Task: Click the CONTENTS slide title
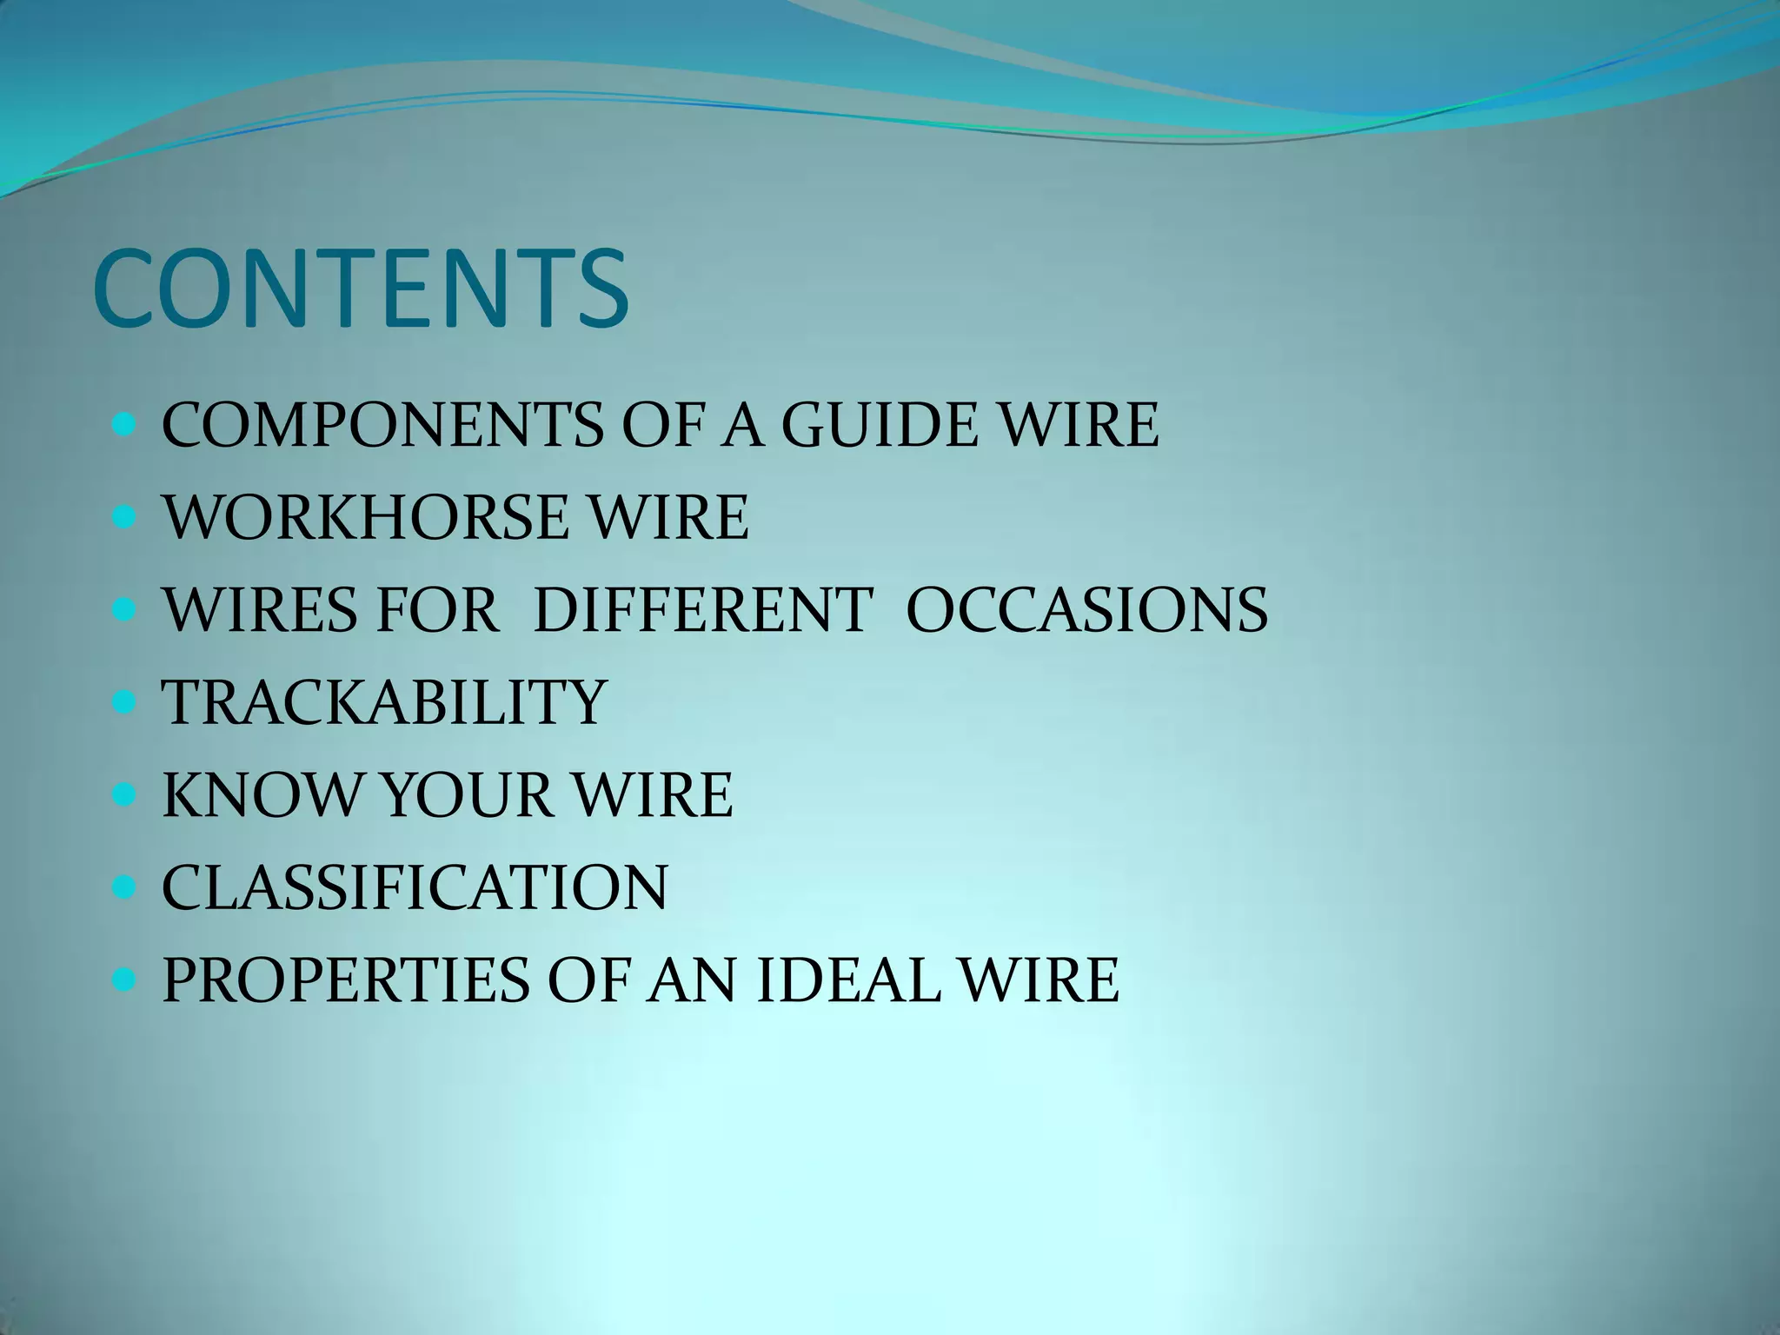coord(360,289)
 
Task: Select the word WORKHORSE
coord(364,517)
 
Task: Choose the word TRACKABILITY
coord(383,701)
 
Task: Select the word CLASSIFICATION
coord(415,887)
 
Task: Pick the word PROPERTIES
coord(346,980)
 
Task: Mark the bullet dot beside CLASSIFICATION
coord(125,888)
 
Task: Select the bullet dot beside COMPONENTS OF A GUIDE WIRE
coord(125,426)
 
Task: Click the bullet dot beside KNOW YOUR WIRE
coord(125,795)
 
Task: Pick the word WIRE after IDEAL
coord(1039,980)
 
